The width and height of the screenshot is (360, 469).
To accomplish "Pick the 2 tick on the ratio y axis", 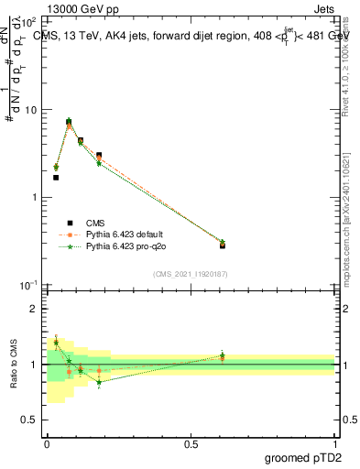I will (34, 309).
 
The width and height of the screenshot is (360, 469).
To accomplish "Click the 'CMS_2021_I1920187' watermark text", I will (191, 273).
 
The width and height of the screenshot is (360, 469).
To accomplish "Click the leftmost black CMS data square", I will (56, 178).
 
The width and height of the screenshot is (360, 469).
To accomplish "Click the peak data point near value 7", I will (69, 121).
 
